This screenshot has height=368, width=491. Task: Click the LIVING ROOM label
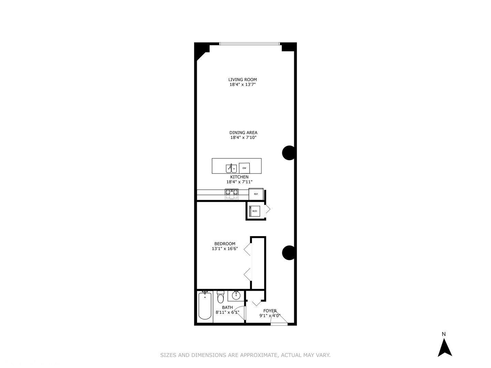pos(242,79)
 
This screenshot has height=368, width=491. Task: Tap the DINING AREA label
pos(243,133)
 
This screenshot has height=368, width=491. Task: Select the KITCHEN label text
pos(239,177)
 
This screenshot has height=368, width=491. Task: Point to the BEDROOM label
pos(225,244)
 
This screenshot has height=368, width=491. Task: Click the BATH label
pos(227,307)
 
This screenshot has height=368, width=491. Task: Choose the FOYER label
pos(270,311)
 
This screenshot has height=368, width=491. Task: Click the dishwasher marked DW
pos(244,168)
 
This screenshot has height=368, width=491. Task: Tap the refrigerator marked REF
pos(256,194)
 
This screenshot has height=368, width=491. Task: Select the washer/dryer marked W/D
pos(254,211)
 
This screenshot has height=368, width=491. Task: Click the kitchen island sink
pos(231,168)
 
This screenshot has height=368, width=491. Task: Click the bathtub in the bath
pos(205,306)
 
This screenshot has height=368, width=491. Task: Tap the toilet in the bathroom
pos(220,297)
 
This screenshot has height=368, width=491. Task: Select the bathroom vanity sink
pos(235,295)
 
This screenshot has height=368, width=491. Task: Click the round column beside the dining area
pos(289,153)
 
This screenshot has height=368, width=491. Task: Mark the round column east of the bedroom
pos(289,252)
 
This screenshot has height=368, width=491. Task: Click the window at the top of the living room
pos(249,44)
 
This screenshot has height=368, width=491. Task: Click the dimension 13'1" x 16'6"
pos(225,249)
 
